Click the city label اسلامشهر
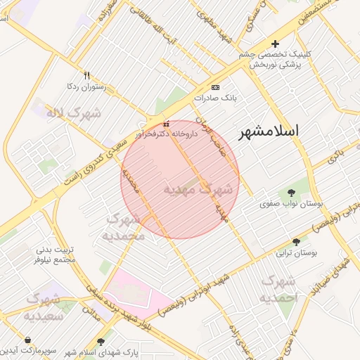[269, 131]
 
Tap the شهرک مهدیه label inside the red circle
[198, 189]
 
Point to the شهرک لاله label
[73, 112]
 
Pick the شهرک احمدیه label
[279, 289]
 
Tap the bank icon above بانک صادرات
[214, 87]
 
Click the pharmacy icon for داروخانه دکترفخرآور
[166, 124]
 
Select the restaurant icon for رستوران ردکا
[86, 75]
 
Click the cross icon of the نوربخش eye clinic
[275, 44]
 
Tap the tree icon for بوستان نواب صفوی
[291, 192]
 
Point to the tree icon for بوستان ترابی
[296, 241]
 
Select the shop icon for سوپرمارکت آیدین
[8, 349]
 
